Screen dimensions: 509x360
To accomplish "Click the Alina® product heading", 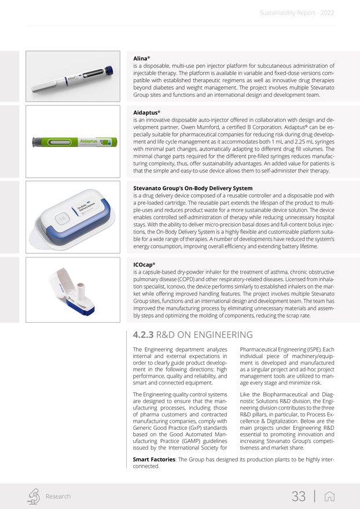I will (141, 58).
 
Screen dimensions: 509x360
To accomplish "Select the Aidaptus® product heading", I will (146, 112).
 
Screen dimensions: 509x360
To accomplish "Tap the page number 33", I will (299, 496).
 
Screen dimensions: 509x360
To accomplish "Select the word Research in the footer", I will (58, 496).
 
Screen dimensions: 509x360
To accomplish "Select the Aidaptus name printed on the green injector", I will (88, 141).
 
